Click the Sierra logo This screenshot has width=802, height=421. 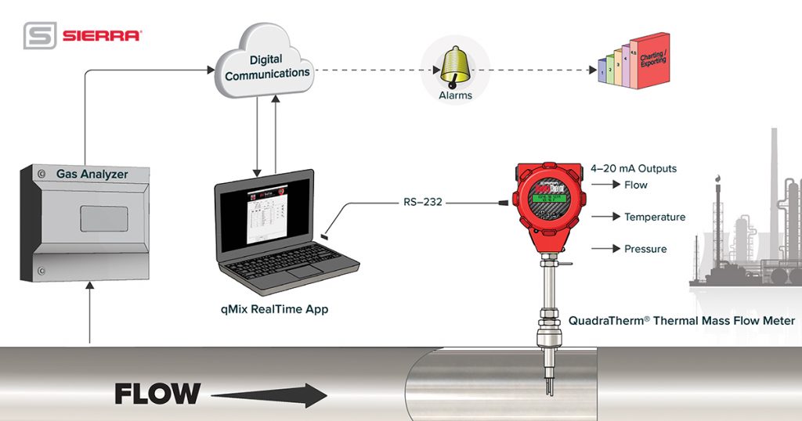[x=82, y=35]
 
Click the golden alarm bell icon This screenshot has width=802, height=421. [x=455, y=67]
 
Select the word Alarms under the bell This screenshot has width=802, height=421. [x=455, y=95]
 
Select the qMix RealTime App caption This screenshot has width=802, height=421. [x=273, y=309]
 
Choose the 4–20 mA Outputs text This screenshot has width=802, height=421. [x=634, y=168]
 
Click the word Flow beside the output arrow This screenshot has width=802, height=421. [x=635, y=185]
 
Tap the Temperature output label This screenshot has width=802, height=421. [x=654, y=217]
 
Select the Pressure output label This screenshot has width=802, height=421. [x=645, y=249]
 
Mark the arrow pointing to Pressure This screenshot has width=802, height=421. [x=605, y=249]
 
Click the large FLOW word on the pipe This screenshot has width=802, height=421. [x=157, y=394]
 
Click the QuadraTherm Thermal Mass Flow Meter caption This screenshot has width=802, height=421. [x=681, y=320]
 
